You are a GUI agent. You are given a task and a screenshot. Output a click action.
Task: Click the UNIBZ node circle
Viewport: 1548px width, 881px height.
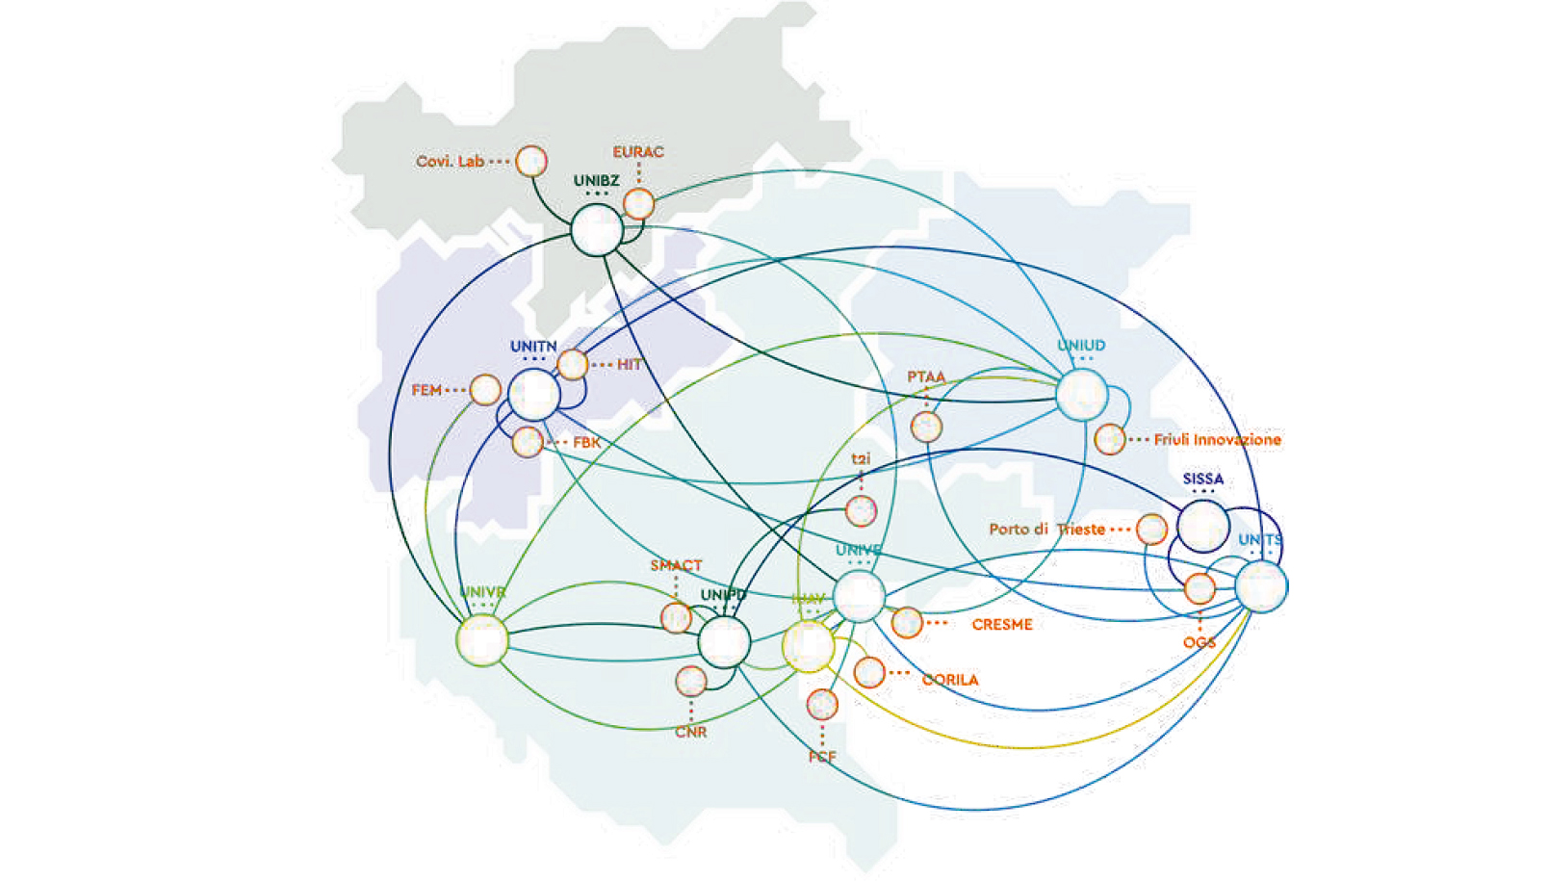(x=597, y=230)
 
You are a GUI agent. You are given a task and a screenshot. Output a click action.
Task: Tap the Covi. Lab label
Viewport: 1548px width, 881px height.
(x=450, y=161)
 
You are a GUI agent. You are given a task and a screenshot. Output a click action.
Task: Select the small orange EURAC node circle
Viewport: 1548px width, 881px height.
(x=638, y=204)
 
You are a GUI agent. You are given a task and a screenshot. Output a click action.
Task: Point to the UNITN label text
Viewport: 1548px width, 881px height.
(x=533, y=347)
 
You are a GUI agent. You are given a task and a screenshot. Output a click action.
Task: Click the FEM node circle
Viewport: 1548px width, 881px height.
(x=484, y=390)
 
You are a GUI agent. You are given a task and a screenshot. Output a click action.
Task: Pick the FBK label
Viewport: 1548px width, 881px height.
(x=586, y=443)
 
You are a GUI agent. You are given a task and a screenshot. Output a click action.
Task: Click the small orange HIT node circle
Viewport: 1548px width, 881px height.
(x=572, y=365)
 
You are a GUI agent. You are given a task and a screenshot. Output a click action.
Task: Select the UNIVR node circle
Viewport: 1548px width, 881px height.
(x=482, y=639)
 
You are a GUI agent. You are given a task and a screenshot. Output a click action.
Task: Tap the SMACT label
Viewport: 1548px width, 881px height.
(x=676, y=565)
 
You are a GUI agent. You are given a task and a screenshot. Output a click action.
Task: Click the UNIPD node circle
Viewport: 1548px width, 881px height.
(x=724, y=642)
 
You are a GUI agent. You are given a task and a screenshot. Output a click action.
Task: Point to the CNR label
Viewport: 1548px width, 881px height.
(x=690, y=732)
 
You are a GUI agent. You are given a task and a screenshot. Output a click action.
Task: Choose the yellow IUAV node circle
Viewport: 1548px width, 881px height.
(x=808, y=646)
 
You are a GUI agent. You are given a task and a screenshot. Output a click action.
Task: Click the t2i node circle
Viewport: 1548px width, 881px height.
(x=861, y=510)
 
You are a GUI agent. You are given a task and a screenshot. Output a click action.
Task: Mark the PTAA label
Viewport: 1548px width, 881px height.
(x=926, y=376)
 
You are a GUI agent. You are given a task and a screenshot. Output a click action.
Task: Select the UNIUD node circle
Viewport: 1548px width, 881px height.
(x=1081, y=394)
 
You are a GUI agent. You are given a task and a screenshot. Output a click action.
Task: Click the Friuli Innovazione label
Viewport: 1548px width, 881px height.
(x=1217, y=440)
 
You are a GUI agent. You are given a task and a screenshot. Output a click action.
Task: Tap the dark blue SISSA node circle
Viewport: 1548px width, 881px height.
(x=1203, y=526)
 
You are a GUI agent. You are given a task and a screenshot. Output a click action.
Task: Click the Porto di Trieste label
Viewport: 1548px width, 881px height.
(x=1046, y=530)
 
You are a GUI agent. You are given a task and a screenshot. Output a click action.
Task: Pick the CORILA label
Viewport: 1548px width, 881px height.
(x=949, y=680)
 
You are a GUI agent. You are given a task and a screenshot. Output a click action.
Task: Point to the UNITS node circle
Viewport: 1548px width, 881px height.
(x=1261, y=586)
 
